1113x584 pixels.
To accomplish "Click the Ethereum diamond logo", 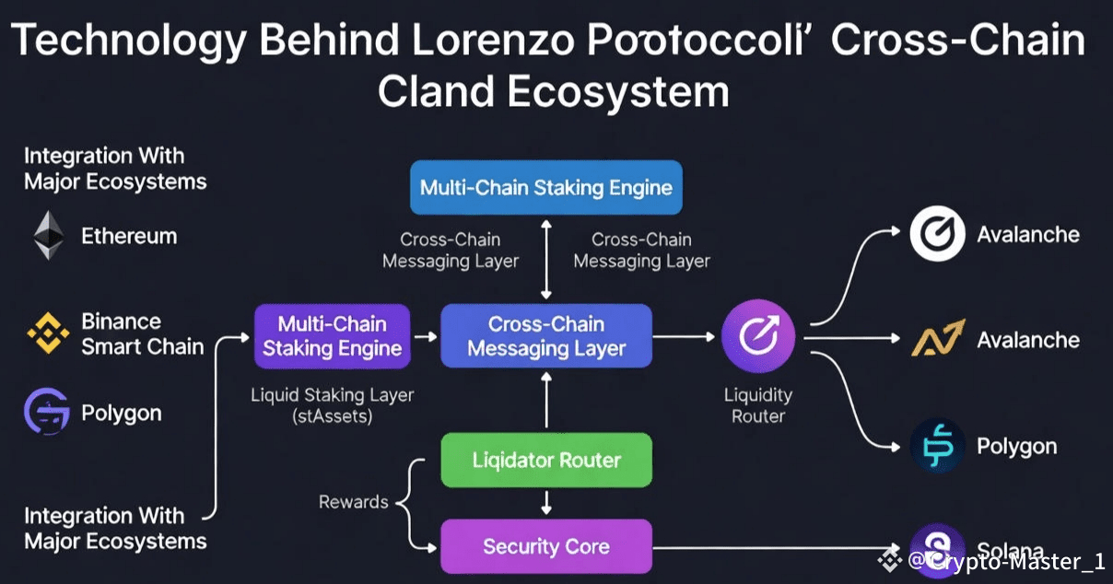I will pyautogui.click(x=50, y=236).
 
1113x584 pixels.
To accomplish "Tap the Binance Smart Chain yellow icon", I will pyautogui.click(x=47, y=333).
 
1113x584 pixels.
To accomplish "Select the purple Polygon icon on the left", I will pyautogui.click(x=47, y=412).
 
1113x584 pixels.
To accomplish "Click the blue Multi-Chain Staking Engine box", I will pyautogui.click(x=546, y=188).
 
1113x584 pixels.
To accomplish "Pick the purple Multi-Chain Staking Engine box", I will pyautogui.click(x=332, y=336).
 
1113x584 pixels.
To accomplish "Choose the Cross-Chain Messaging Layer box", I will pyautogui.click(x=546, y=336).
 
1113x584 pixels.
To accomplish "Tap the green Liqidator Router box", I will pyautogui.click(x=546, y=460).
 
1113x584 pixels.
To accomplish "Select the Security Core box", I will pyautogui.click(x=546, y=546).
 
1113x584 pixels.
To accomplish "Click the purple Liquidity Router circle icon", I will pyautogui.click(x=758, y=336).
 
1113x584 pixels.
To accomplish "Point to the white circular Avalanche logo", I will pyautogui.click(x=937, y=234).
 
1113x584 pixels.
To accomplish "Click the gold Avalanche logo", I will pyautogui.click(x=937, y=340).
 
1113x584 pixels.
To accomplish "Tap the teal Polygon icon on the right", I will pyautogui.click(x=937, y=446).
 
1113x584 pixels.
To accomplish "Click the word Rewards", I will pyautogui.click(x=354, y=502).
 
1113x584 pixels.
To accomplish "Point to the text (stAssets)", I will pyautogui.click(x=332, y=416).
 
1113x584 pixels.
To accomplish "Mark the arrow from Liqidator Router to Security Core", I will pyautogui.click(x=546, y=503).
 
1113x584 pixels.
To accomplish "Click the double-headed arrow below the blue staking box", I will pyautogui.click(x=546, y=259).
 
